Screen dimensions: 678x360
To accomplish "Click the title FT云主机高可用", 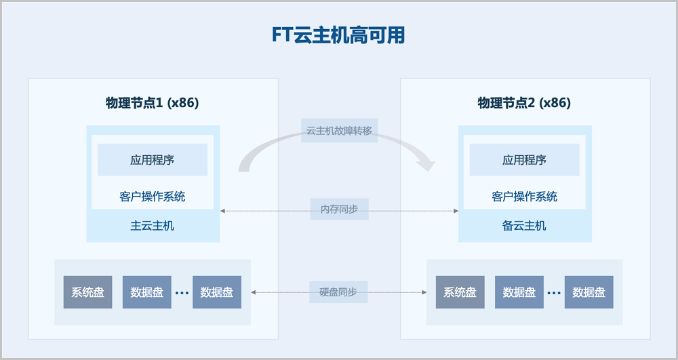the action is point(338,35).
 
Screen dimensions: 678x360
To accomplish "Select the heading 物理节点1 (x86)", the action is point(152,103).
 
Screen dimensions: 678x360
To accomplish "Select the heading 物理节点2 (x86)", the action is point(524,103).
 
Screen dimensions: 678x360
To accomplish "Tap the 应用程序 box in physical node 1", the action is point(153,160).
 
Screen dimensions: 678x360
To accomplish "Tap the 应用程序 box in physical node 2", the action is point(525,160).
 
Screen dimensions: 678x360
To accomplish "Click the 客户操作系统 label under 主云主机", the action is point(152,197).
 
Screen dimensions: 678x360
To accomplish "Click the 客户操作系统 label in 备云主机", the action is point(525,197).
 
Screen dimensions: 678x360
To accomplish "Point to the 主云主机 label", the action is point(152,226).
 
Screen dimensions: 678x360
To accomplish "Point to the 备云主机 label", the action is point(524,226).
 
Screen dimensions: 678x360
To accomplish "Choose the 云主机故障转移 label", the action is point(340,131).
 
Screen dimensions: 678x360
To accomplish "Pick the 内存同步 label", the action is point(340,209).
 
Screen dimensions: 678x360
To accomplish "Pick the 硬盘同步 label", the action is point(338,292).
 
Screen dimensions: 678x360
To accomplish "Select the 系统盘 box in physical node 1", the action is point(87,292).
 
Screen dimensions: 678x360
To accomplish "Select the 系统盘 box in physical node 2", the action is point(460,292).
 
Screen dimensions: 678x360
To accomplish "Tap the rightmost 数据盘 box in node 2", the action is point(589,292).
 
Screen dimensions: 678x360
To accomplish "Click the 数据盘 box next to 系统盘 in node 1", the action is point(147,292).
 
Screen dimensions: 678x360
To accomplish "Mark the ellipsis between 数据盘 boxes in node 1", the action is point(182,293).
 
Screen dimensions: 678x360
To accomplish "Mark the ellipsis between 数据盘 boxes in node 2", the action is point(554,293).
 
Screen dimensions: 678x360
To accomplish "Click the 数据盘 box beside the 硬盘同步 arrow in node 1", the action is point(217,292).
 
